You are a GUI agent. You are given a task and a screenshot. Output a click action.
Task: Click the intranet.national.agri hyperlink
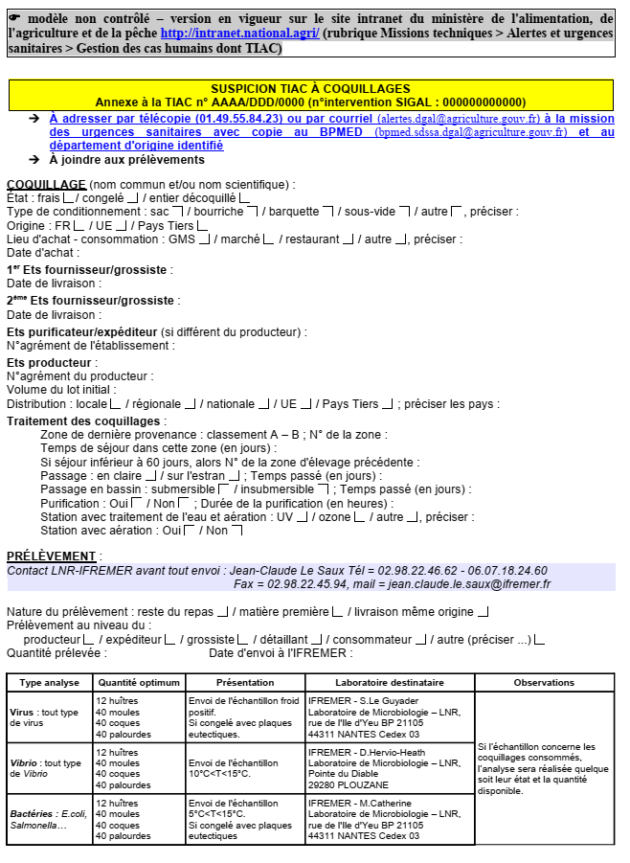(239, 33)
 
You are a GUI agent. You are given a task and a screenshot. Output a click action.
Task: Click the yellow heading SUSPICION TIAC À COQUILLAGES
(310, 89)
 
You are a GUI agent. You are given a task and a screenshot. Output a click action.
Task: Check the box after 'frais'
(67, 198)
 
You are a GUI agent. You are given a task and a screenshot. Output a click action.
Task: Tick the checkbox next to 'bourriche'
(253, 211)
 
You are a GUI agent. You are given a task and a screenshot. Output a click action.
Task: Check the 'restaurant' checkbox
(349, 238)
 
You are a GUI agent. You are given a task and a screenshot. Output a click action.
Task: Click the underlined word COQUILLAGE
(47, 184)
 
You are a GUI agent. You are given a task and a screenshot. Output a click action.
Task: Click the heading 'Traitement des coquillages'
(84, 420)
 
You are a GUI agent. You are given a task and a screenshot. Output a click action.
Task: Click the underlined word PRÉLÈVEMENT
(52, 556)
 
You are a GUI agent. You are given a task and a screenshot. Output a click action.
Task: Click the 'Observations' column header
(544, 682)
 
